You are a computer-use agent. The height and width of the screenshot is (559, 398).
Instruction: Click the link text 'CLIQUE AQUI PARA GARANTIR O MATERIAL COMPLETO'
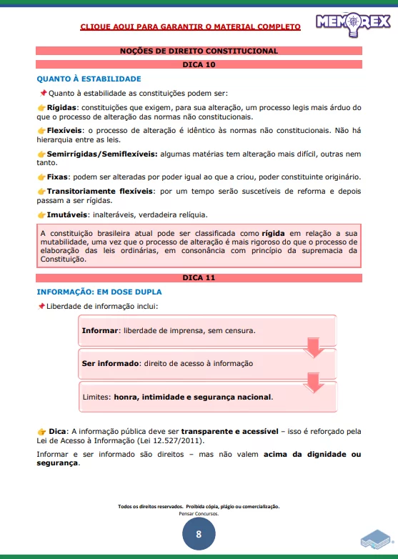tap(190, 26)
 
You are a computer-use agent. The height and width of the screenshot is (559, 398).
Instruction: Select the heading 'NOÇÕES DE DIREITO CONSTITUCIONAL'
tap(199, 51)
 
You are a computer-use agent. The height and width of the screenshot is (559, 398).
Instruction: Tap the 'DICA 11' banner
tap(199, 277)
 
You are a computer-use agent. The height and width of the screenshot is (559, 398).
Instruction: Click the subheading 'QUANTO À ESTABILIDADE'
tap(89, 79)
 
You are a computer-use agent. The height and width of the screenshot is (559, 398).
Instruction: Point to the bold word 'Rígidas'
tap(62, 107)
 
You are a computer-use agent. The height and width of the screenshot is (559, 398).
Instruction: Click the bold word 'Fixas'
tap(59, 177)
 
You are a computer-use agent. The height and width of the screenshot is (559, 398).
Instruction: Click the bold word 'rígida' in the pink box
tap(273, 233)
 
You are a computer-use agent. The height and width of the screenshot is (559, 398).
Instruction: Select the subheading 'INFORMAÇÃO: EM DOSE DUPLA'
tap(99, 292)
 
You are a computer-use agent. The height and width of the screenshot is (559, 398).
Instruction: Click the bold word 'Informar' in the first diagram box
tap(100, 331)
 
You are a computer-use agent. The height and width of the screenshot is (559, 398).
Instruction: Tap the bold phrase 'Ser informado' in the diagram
tap(110, 363)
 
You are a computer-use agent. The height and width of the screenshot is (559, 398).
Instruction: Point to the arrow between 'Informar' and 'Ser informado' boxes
tap(314, 349)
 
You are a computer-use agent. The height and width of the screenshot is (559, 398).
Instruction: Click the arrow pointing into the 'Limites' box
tap(314, 382)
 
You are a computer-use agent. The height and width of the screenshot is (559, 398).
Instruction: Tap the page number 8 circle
tap(199, 533)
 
